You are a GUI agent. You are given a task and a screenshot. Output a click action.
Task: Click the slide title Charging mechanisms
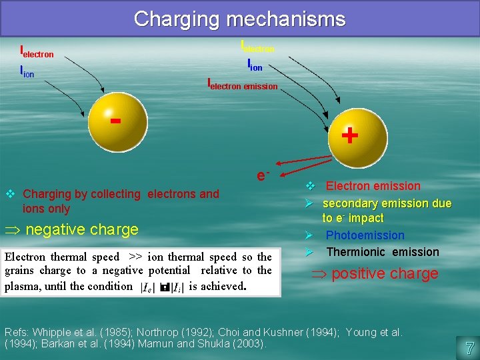(239, 19)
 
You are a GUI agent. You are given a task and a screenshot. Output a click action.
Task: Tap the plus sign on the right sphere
(349, 136)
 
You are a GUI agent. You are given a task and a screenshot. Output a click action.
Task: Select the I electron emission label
(243, 85)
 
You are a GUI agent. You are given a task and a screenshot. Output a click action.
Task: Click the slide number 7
(469, 347)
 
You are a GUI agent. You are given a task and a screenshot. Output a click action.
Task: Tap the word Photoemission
(365, 235)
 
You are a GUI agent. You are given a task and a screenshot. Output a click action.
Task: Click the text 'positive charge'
(385, 273)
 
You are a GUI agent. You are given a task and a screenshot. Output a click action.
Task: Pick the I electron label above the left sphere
(37, 51)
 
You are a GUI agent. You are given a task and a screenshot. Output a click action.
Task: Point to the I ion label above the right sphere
(255, 65)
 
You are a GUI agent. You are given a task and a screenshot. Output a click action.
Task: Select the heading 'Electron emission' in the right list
(373, 186)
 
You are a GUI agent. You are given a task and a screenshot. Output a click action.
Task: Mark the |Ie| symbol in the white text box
(147, 287)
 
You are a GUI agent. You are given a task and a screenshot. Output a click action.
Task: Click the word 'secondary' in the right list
(348, 203)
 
